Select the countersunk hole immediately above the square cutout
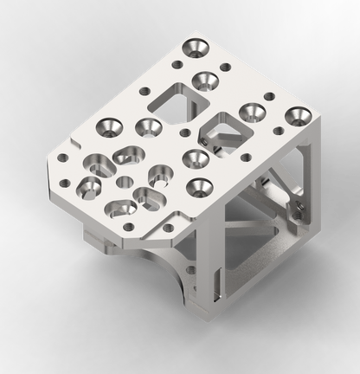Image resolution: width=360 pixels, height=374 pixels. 204,81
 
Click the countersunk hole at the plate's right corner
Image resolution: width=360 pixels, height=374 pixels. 299,113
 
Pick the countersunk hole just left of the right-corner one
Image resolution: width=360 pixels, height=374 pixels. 251,111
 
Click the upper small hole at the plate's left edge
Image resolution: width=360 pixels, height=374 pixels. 63,158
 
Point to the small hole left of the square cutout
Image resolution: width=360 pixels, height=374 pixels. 144,89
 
